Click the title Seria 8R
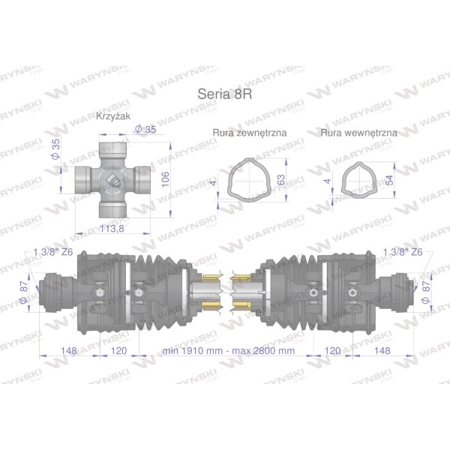coord(225,94)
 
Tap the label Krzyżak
coord(113,116)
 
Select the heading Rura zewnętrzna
coord(250,133)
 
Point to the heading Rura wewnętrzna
coord(359,133)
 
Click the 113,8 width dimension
coord(112,229)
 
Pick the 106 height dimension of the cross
coord(166,179)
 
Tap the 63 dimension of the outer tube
coord(281,180)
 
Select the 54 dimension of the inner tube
coord(390,180)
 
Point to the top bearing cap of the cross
coord(112,148)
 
